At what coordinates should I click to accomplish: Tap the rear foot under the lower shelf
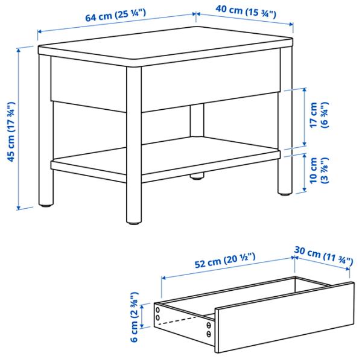point(196,177)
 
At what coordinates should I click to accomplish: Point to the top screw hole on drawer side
point(158,309)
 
